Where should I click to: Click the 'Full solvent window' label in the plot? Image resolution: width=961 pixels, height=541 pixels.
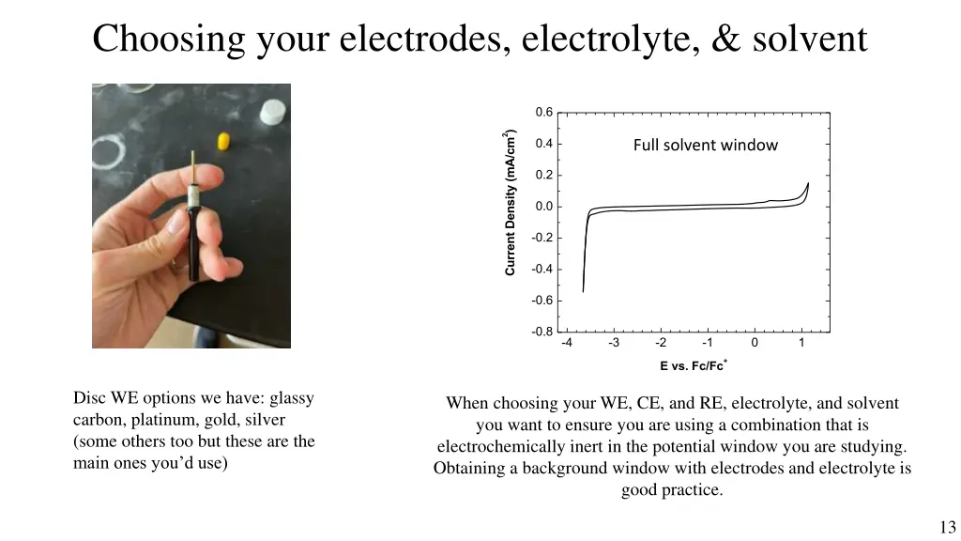705,145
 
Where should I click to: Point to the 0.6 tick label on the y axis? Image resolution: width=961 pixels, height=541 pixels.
543,113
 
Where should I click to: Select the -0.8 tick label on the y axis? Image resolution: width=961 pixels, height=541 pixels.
542,332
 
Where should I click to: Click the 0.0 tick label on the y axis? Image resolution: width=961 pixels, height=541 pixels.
543,207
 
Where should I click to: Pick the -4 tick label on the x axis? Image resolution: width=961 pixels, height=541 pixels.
566,343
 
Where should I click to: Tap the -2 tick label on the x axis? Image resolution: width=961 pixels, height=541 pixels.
660,343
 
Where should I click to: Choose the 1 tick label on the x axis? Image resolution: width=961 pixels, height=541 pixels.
801,343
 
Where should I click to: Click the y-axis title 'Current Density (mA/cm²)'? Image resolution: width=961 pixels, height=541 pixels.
511,203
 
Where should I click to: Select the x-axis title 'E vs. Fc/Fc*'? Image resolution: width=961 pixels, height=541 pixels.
693,365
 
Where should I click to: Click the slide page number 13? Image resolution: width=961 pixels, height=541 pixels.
946,527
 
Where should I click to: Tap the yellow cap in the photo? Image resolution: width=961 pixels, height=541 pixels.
224,141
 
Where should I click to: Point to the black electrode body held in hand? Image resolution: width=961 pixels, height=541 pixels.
192,244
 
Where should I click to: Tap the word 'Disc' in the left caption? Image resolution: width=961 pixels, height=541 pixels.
88,398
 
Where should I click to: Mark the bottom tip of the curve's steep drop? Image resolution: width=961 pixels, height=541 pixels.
583,292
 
